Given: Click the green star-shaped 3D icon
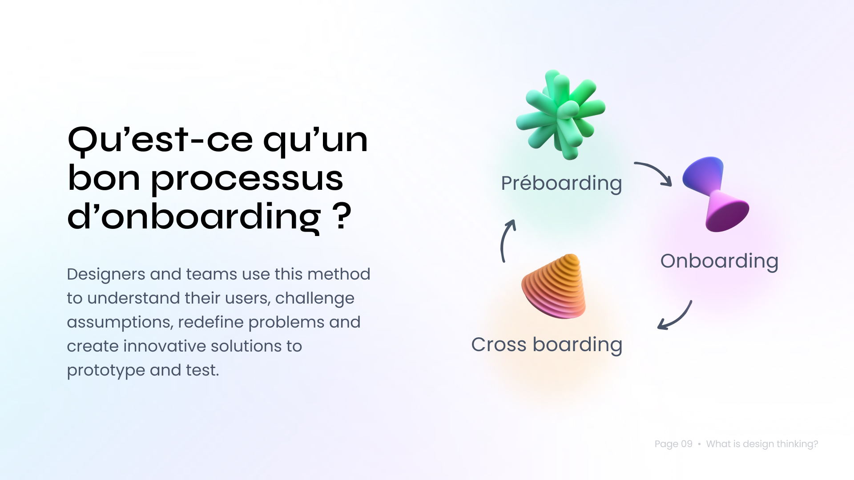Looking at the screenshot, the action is click(560, 115).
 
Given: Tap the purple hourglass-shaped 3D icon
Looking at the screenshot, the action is click(716, 194).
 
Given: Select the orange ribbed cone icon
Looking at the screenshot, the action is click(554, 286).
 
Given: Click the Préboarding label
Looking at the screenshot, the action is click(561, 184).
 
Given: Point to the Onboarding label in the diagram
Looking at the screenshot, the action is click(719, 261).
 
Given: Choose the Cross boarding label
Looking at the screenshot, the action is click(547, 345).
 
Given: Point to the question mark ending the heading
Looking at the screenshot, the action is click(342, 216).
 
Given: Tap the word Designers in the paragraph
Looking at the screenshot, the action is click(106, 275).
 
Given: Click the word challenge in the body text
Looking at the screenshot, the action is click(315, 299).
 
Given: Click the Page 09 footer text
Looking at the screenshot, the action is click(673, 444).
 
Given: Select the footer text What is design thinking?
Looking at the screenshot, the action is click(762, 444).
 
